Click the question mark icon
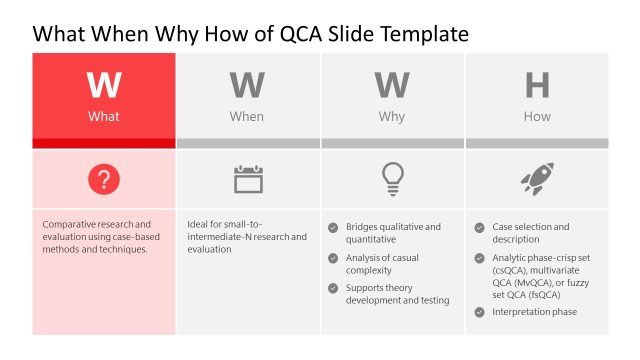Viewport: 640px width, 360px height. tap(104, 180)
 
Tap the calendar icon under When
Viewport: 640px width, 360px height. tap(248, 180)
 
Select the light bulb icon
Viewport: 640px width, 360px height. tap(392, 179)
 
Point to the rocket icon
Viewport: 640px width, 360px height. tap(537, 180)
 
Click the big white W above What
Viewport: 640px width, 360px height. tap(104, 86)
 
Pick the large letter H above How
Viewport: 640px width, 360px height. tap(537, 86)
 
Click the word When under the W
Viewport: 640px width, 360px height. tap(247, 117)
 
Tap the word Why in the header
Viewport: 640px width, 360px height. tap(392, 117)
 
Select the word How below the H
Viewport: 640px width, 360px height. tap(537, 117)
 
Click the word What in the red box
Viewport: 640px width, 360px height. tap(104, 117)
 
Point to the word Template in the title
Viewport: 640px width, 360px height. tap(422, 34)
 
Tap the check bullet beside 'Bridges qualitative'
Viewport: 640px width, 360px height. tap(333, 227)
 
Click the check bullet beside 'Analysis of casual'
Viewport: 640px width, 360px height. tap(333, 258)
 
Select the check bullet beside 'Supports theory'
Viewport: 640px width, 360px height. tap(333, 288)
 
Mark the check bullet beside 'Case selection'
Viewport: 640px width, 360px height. tap(480, 227)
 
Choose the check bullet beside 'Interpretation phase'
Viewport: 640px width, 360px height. tap(480, 312)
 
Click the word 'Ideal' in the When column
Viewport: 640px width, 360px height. tap(199, 224)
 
